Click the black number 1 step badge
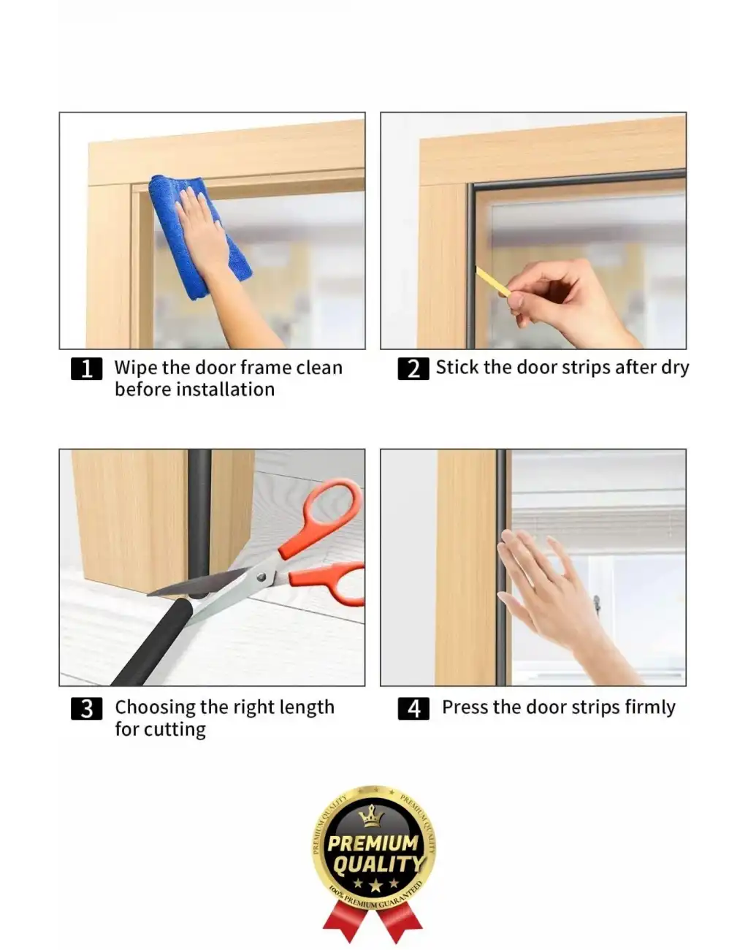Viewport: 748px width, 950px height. pyautogui.click(x=86, y=368)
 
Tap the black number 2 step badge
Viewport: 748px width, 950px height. pyautogui.click(x=413, y=368)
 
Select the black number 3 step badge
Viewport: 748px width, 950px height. pyautogui.click(x=86, y=709)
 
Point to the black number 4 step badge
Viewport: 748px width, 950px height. pyautogui.click(x=413, y=709)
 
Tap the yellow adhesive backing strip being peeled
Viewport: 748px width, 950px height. pyautogui.click(x=493, y=281)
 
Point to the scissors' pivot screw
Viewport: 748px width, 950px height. pyautogui.click(x=262, y=577)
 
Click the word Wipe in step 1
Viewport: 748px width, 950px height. pyautogui.click(x=135, y=368)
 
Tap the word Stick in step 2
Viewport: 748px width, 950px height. pyautogui.click(x=457, y=368)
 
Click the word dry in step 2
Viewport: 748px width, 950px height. pyautogui.click(x=675, y=368)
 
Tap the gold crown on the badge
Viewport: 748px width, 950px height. pyautogui.click(x=372, y=816)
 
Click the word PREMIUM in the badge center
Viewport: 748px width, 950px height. pyautogui.click(x=373, y=843)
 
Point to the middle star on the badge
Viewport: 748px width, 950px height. pyautogui.click(x=375, y=885)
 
